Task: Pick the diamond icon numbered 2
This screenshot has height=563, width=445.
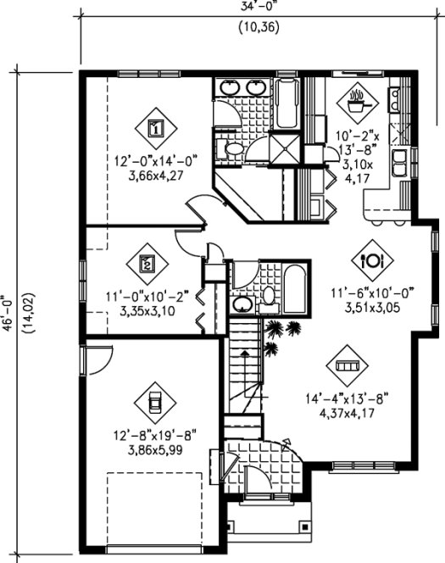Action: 147,263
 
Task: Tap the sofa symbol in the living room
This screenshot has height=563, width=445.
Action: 346,365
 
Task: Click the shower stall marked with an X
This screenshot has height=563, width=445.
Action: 286,149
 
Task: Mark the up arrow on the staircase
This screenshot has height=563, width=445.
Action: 244,350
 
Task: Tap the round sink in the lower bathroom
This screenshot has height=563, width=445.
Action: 242,303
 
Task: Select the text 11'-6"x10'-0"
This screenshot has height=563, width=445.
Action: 372,293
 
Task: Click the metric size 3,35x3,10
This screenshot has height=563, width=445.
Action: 147,311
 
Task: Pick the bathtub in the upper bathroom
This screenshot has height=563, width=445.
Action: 286,103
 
